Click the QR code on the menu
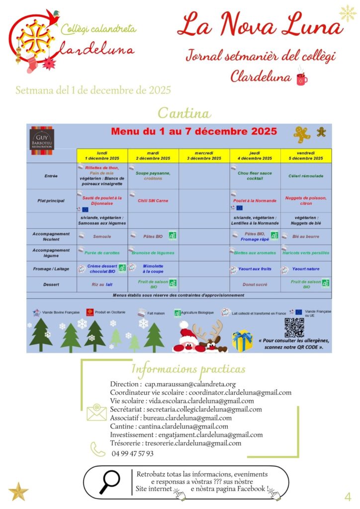coord(294,328)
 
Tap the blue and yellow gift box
coord(242,340)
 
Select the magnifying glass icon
coord(109,481)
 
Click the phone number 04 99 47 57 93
coord(133,453)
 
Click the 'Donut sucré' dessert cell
coord(255,285)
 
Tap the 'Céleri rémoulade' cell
coord(306,175)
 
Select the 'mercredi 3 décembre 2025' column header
coord(204,156)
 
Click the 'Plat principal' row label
coord(51,201)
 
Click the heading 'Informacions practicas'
coord(188,369)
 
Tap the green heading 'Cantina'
coord(184,113)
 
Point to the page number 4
coord(348,496)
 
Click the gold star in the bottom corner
coord(18,491)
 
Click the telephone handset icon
coord(97,449)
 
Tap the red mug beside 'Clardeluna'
coord(301,78)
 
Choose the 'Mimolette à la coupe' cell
coord(153,269)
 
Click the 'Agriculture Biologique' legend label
coord(197,313)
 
